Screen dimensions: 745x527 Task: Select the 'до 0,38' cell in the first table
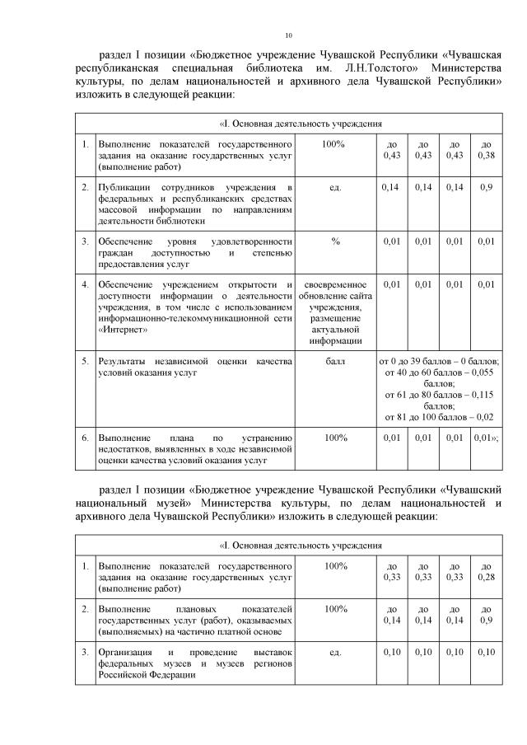486,149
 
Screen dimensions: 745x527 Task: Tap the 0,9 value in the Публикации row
486,188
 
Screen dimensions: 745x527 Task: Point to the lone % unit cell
335,241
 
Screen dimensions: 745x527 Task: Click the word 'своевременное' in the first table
335,285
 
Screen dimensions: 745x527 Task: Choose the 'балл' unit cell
335,361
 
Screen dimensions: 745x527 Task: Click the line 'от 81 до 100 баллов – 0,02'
439,417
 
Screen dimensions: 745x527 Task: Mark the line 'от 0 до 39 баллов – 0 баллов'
439,361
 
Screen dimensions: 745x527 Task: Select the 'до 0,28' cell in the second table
486,572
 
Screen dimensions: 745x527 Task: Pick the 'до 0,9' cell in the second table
486,614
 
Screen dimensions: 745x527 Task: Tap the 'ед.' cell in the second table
335,653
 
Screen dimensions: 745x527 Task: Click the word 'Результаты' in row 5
124,361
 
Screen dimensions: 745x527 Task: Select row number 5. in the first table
85,361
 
